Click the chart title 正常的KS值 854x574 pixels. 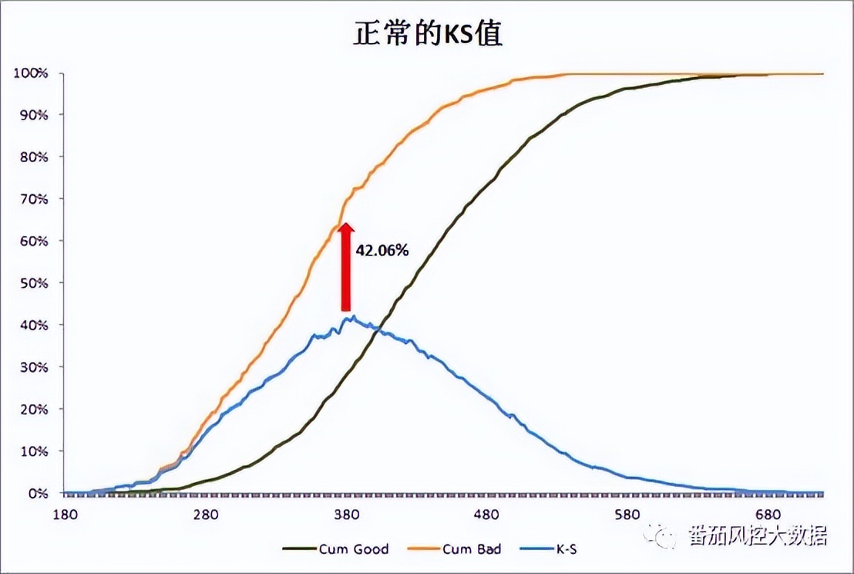[428, 33]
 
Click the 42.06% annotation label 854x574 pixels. [382, 251]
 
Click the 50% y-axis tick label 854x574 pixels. [33, 283]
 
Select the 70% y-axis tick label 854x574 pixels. [33, 199]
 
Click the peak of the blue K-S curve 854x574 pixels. [351, 316]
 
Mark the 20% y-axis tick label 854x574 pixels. [33, 409]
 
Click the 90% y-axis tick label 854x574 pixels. [33, 115]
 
